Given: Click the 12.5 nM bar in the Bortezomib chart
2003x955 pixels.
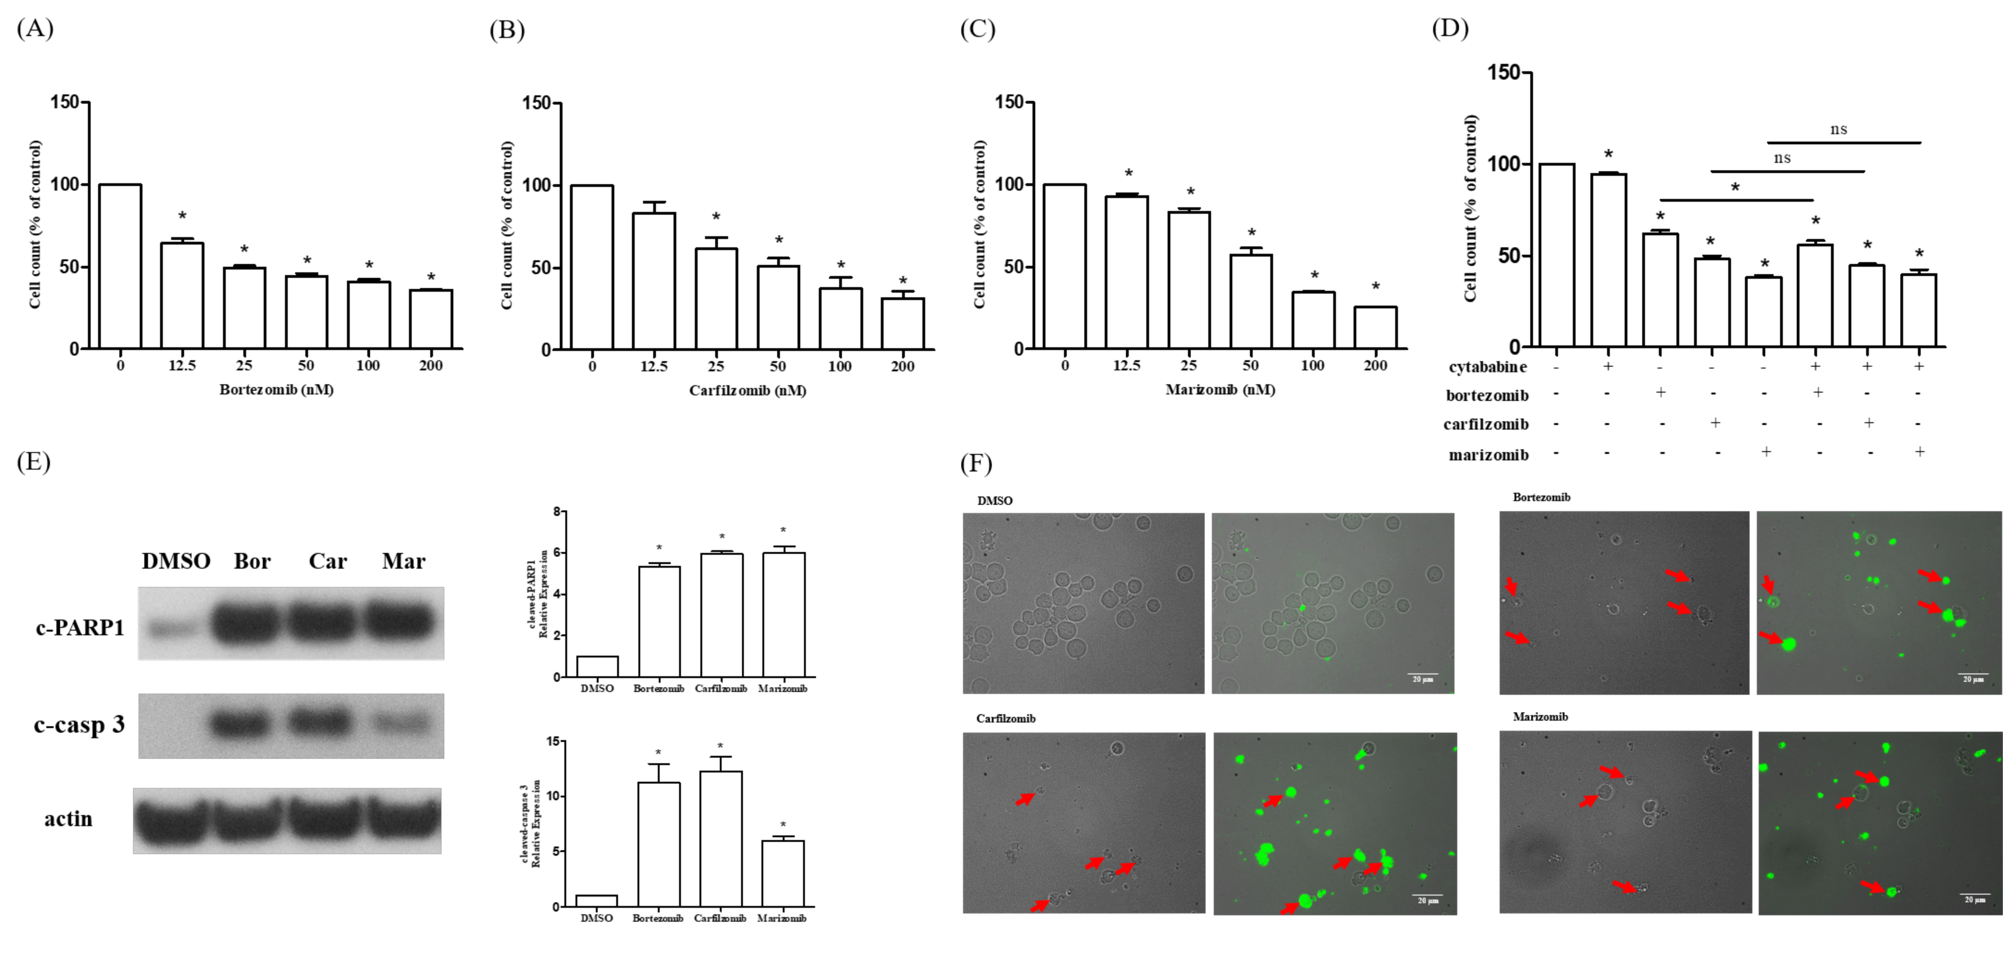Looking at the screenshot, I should click(x=182, y=296).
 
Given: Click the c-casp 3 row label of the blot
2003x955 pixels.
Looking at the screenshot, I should click(x=79, y=725).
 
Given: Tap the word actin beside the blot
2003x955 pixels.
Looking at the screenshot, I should click(x=68, y=819).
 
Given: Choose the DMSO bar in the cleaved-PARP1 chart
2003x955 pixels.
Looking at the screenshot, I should click(x=597, y=666).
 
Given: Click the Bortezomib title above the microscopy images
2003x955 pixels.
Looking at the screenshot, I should click(x=1541, y=497).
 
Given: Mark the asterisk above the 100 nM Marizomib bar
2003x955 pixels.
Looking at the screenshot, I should click(x=1314, y=275).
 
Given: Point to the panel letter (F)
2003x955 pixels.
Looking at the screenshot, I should click(x=977, y=464).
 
